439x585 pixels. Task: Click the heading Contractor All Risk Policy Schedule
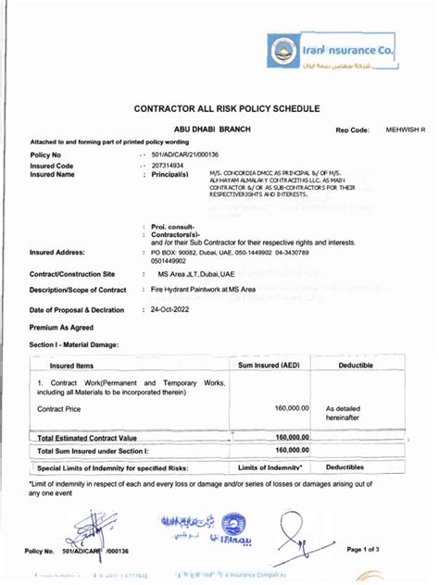pos(228,108)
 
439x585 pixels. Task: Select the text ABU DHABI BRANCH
pos(213,131)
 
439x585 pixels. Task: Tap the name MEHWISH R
pos(406,131)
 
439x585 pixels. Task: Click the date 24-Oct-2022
pos(170,309)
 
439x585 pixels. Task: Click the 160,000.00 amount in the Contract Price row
pos(292,407)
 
